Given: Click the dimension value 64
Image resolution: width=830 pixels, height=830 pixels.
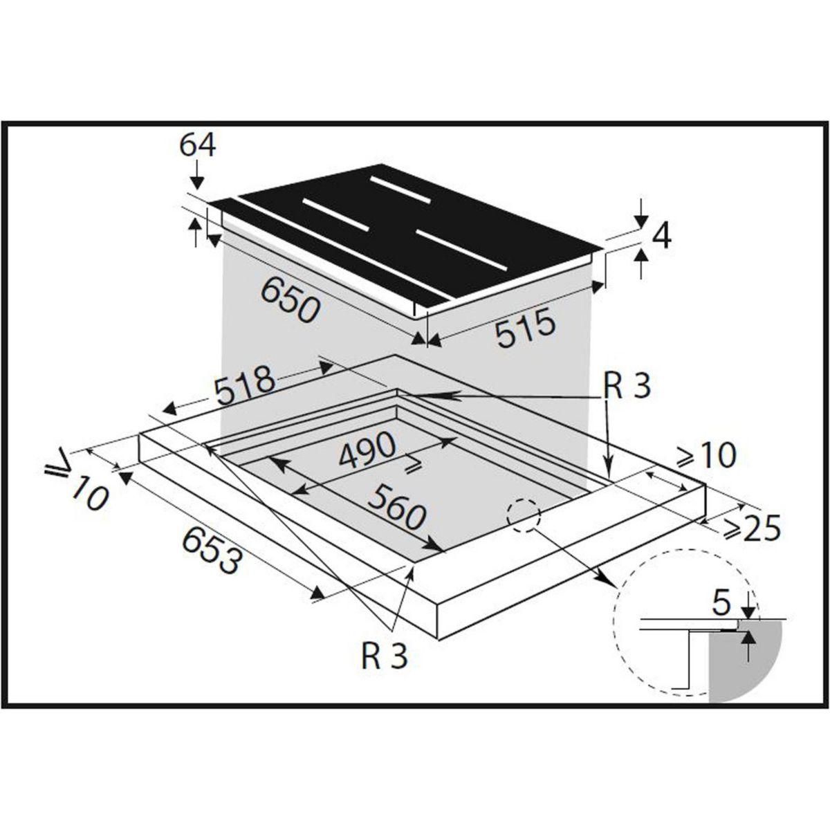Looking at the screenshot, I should coord(197,145).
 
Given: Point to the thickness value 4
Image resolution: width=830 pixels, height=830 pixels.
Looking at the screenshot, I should coord(661,237).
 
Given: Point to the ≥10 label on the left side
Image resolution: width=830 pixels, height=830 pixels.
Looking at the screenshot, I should coord(77,481).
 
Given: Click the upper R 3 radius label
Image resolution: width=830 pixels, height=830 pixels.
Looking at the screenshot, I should coord(626,388).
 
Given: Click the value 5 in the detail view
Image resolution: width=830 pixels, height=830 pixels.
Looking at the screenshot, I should coord(721,604).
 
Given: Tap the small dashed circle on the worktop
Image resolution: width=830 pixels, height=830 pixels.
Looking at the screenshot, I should coord(523,514).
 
